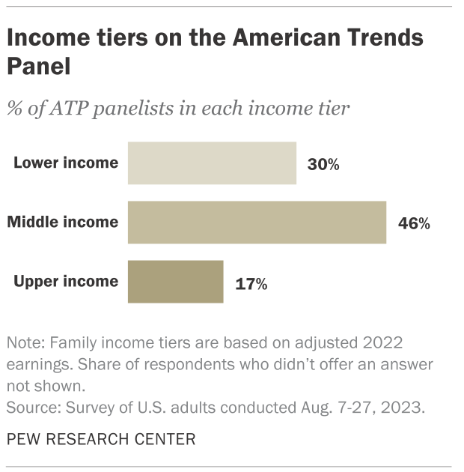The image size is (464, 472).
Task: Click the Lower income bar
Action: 212,163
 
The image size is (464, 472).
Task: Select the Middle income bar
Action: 257,223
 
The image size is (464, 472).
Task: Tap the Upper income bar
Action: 175,282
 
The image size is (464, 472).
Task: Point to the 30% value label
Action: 323,164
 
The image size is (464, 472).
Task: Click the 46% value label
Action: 414,223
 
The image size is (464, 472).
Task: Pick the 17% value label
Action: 251,283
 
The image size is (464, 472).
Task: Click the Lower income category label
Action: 66,163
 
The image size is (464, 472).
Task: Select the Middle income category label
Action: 63,222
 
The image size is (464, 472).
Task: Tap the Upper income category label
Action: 66,282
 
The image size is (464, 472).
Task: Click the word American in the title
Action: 281,37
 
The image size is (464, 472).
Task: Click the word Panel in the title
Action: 39,66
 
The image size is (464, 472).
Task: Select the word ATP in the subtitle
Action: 69,108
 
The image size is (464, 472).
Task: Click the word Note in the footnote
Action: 23,343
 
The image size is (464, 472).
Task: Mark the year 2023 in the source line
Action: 407,408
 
